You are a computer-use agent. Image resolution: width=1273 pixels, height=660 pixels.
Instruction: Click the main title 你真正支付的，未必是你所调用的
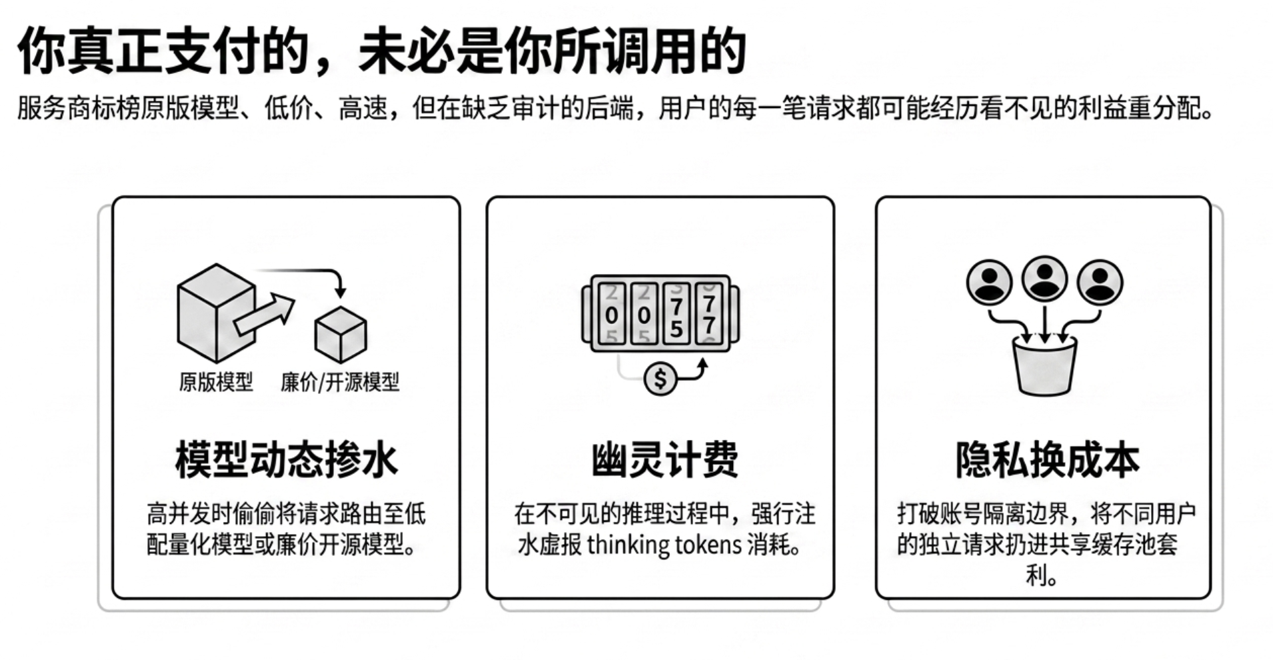[x=381, y=51]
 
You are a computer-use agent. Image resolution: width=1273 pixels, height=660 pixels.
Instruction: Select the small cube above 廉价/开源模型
[x=341, y=335]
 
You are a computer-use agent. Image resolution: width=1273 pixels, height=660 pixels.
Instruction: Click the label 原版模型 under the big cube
[x=216, y=382]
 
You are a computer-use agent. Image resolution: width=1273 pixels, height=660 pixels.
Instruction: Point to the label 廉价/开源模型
[x=340, y=382]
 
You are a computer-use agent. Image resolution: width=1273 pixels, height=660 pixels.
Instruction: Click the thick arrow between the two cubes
[x=264, y=314]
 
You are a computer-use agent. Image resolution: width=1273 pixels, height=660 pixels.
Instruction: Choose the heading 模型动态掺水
[x=287, y=460]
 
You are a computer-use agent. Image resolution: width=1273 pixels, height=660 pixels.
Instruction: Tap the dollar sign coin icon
[x=660, y=379]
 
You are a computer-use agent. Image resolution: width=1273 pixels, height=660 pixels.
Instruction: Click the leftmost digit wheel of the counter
[x=611, y=313]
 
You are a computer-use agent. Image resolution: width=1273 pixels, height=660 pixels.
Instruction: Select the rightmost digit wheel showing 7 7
[x=709, y=313]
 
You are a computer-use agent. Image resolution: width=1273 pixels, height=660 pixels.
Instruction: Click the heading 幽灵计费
[x=664, y=460]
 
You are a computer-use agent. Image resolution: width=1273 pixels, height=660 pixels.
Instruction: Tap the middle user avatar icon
[x=1044, y=279]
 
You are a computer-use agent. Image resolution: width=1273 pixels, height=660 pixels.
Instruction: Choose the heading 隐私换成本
[x=1047, y=460]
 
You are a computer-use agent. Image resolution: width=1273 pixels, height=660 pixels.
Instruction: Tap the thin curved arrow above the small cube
[x=313, y=271]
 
